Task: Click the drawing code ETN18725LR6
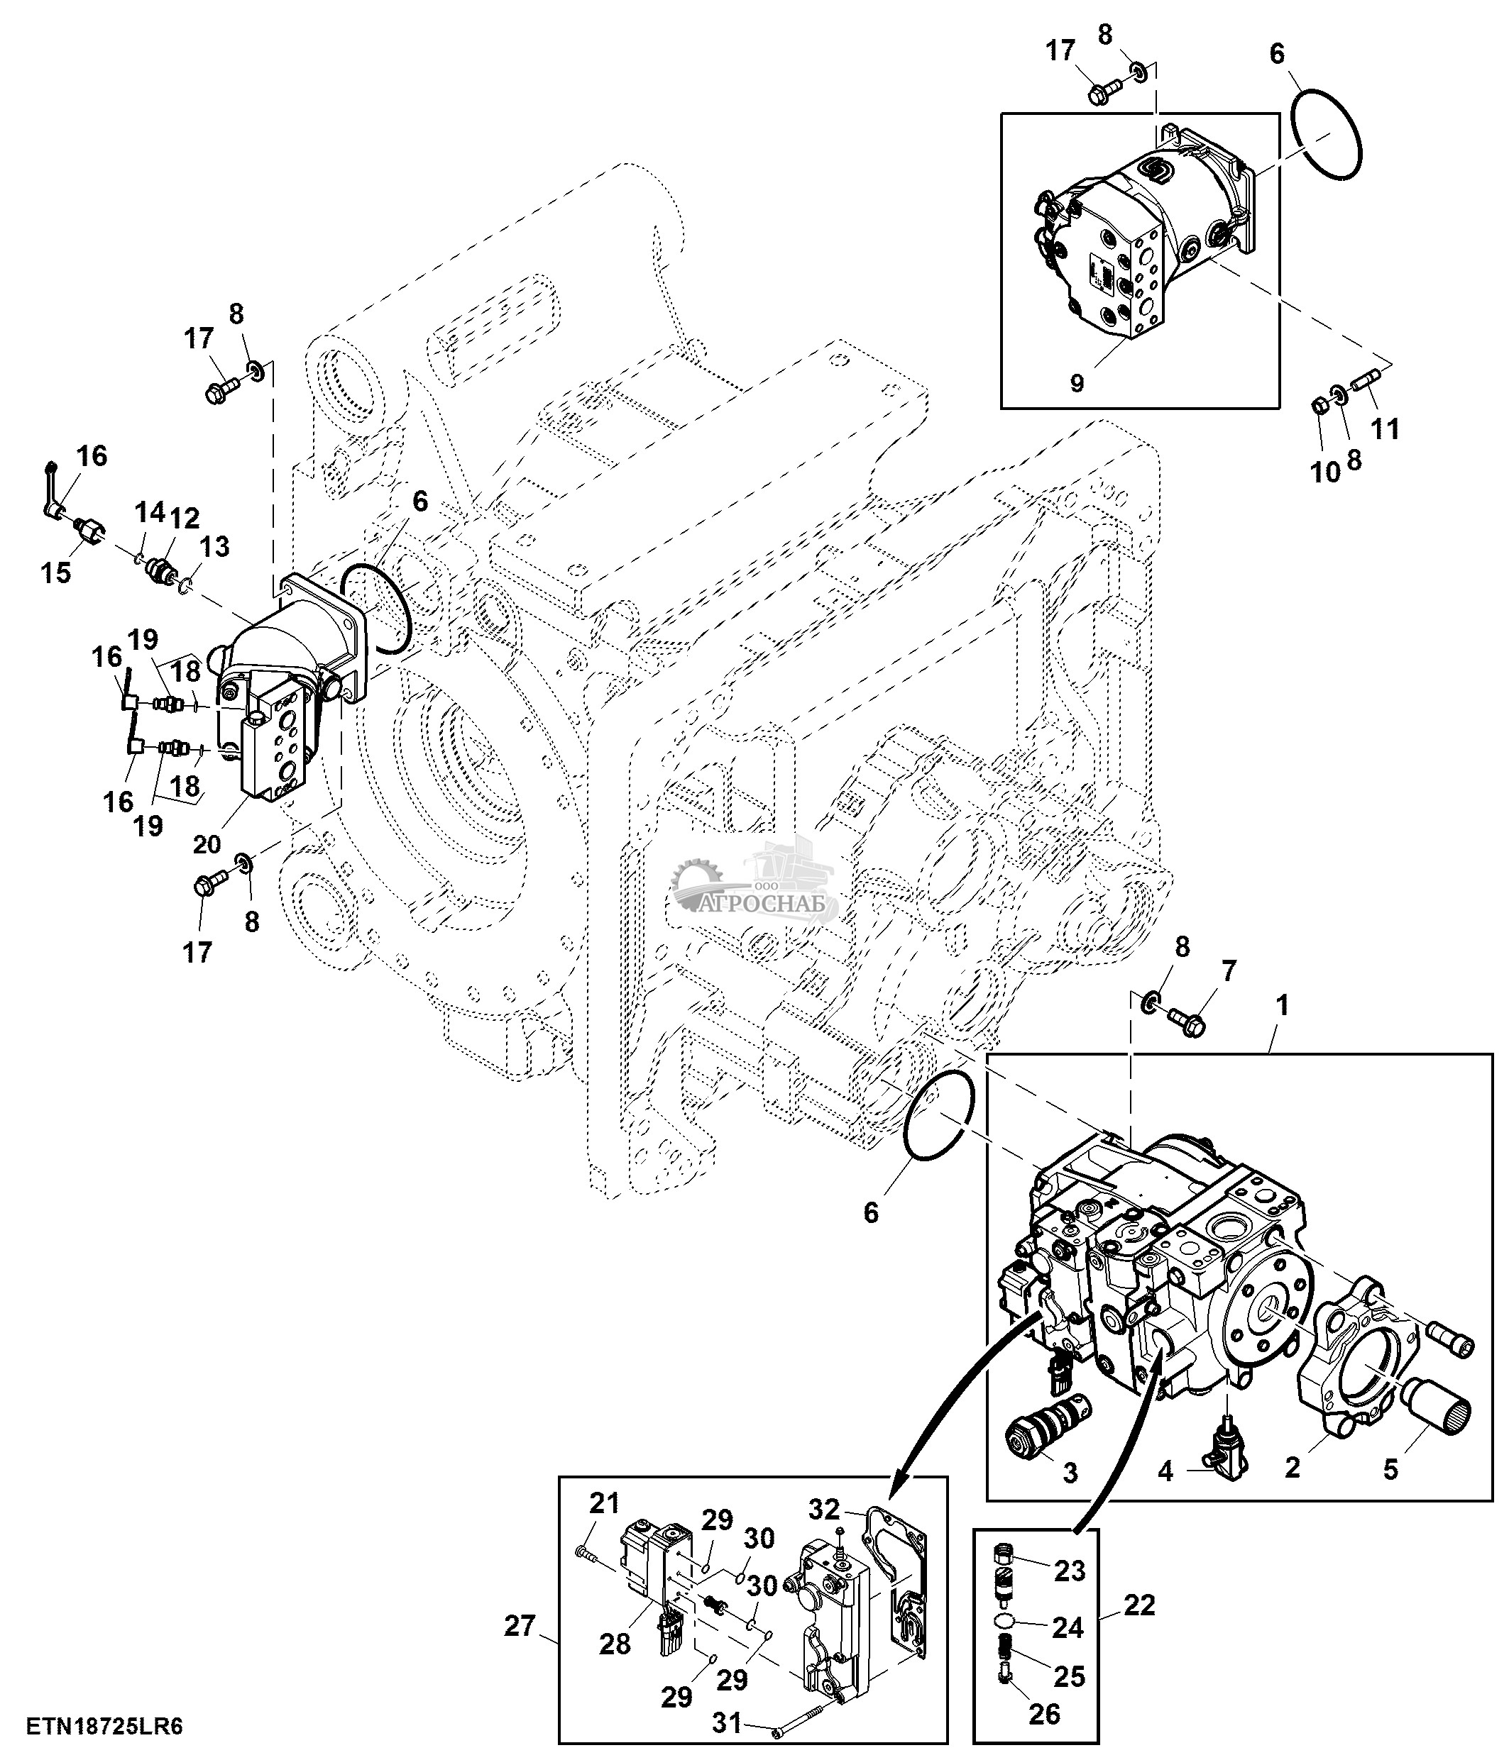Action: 104,1726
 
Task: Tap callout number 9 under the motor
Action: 1077,382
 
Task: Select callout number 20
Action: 207,843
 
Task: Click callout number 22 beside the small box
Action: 1138,1605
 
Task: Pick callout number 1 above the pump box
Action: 1282,1006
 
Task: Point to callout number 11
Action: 1385,429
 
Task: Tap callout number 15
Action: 55,572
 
